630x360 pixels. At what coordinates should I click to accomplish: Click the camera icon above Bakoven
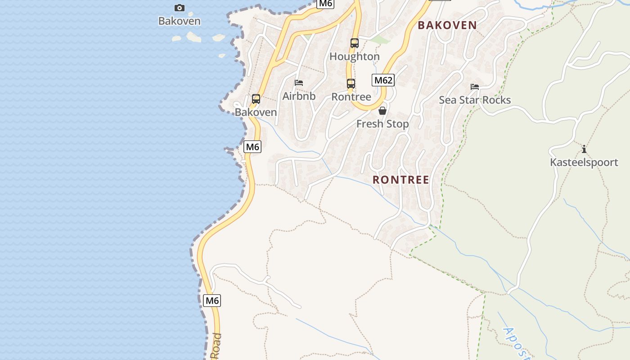pyautogui.click(x=180, y=8)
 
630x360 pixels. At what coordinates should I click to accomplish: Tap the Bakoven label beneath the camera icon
pyautogui.click(x=180, y=21)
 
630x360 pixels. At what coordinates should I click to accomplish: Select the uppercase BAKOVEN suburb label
pyautogui.click(x=447, y=25)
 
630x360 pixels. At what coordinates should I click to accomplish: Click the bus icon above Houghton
pyautogui.click(x=355, y=43)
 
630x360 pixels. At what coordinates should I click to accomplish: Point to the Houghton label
pyautogui.click(x=355, y=57)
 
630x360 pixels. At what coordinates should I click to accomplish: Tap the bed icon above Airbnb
pyautogui.click(x=299, y=83)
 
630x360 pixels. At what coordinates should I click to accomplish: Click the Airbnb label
pyautogui.click(x=299, y=96)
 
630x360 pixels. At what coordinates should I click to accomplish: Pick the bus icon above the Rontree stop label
pyautogui.click(x=351, y=84)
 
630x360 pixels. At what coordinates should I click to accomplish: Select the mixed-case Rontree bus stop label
pyautogui.click(x=351, y=97)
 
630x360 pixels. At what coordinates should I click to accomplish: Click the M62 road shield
pyautogui.click(x=383, y=81)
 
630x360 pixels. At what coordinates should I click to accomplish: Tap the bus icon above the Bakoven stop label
pyautogui.click(x=256, y=99)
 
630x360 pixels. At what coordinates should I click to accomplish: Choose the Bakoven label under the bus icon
pyautogui.click(x=256, y=112)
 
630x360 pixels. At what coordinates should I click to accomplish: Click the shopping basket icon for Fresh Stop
pyautogui.click(x=382, y=111)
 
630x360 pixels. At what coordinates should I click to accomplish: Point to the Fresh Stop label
pyautogui.click(x=382, y=124)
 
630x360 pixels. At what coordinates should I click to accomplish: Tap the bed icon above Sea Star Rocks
pyautogui.click(x=475, y=87)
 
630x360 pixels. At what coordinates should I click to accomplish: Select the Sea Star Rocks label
pyautogui.click(x=475, y=100)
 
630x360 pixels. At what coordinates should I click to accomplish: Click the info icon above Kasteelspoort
pyautogui.click(x=584, y=149)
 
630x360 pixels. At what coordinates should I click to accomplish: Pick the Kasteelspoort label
pyautogui.click(x=584, y=162)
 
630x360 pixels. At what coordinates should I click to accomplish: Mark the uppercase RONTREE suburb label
pyautogui.click(x=400, y=180)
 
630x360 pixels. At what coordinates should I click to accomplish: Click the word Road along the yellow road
pyautogui.click(x=216, y=346)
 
